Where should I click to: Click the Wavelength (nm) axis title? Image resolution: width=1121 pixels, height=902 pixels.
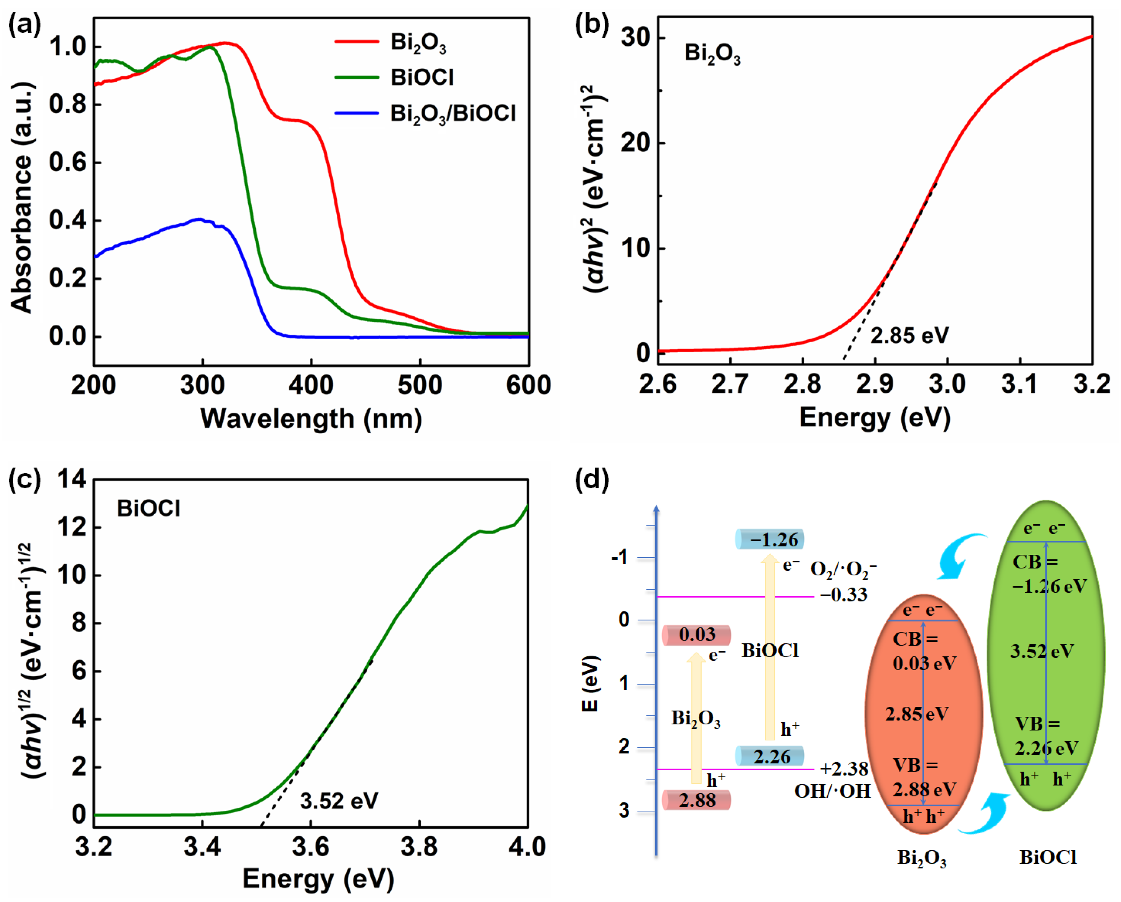coord(311,419)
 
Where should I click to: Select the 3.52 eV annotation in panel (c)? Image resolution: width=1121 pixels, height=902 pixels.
coord(339,800)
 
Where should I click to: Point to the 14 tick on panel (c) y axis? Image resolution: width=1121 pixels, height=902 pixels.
coord(71,479)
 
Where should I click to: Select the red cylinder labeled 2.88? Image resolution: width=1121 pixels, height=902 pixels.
coord(696,800)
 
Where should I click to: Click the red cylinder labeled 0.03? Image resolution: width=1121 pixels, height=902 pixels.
coord(696,635)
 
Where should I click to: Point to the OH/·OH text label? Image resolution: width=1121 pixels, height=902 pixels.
coord(832,791)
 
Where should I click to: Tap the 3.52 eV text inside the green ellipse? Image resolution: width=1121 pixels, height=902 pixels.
coord(1041,651)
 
